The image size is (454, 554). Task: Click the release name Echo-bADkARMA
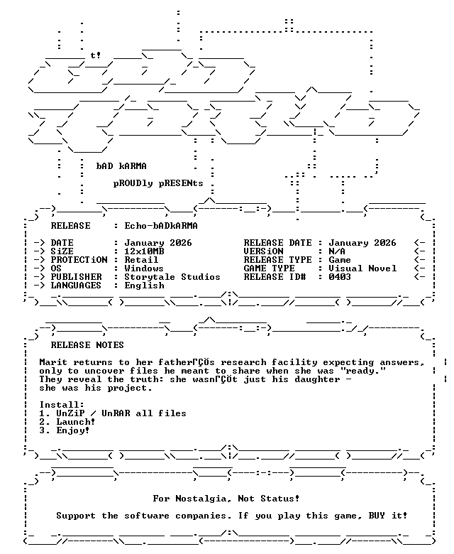(x=161, y=226)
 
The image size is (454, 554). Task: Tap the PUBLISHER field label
(x=76, y=277)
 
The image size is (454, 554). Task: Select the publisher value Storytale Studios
(x=172, y=277)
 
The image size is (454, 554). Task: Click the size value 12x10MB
(x=144, y=251)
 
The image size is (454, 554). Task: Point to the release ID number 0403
(x=340, y=277)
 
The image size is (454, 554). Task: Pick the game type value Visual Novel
(x=362, y=268)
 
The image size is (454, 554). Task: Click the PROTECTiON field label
(x=79, y=260)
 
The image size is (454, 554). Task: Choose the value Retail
(x=141, y=260)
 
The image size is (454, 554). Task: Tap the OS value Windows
(x=144, y=268)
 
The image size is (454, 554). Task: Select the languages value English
(x=144, y=286)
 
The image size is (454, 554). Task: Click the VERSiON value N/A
(x=337, y=251)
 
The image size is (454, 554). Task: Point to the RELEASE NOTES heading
(x=87, y=345)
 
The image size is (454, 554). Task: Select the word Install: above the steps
(x=62, y=405)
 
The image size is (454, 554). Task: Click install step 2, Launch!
(x=67, y=422)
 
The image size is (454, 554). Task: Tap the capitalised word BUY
(x=377, y=516)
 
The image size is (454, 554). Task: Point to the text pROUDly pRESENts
(x=158, y=184)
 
